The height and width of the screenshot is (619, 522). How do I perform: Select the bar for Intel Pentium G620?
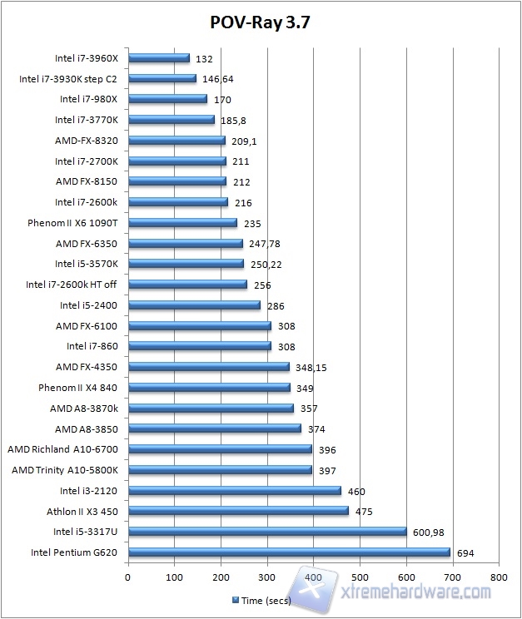tap(289, 552)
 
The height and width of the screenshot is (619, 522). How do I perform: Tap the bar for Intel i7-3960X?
tap(159, 58)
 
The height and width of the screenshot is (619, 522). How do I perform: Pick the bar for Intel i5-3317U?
tap(267, 531)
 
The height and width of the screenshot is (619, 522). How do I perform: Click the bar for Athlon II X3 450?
tap(238, 511)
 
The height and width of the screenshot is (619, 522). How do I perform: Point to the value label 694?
tap(465, 552)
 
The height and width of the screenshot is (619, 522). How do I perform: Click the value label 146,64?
tap(218, 79)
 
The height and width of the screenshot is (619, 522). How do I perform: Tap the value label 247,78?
tap(265, 244)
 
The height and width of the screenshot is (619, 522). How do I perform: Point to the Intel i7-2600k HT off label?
tap(72, 285)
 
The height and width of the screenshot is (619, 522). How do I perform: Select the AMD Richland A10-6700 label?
tap(62, 449)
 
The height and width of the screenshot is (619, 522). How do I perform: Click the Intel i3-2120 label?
tap(88, 491)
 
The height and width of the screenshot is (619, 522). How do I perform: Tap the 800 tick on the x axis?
tap(499, 575)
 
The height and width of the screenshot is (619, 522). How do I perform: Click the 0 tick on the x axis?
tap(128, 575)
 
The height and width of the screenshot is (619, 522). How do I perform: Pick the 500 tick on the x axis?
tap(360, 575)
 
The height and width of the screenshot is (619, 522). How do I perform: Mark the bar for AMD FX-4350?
tap(209, 367)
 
